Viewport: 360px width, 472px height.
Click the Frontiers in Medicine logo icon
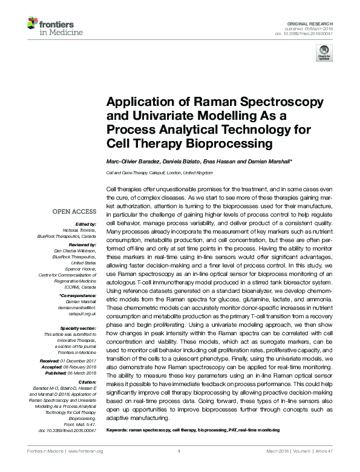32,25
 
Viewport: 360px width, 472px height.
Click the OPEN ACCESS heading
74,212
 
